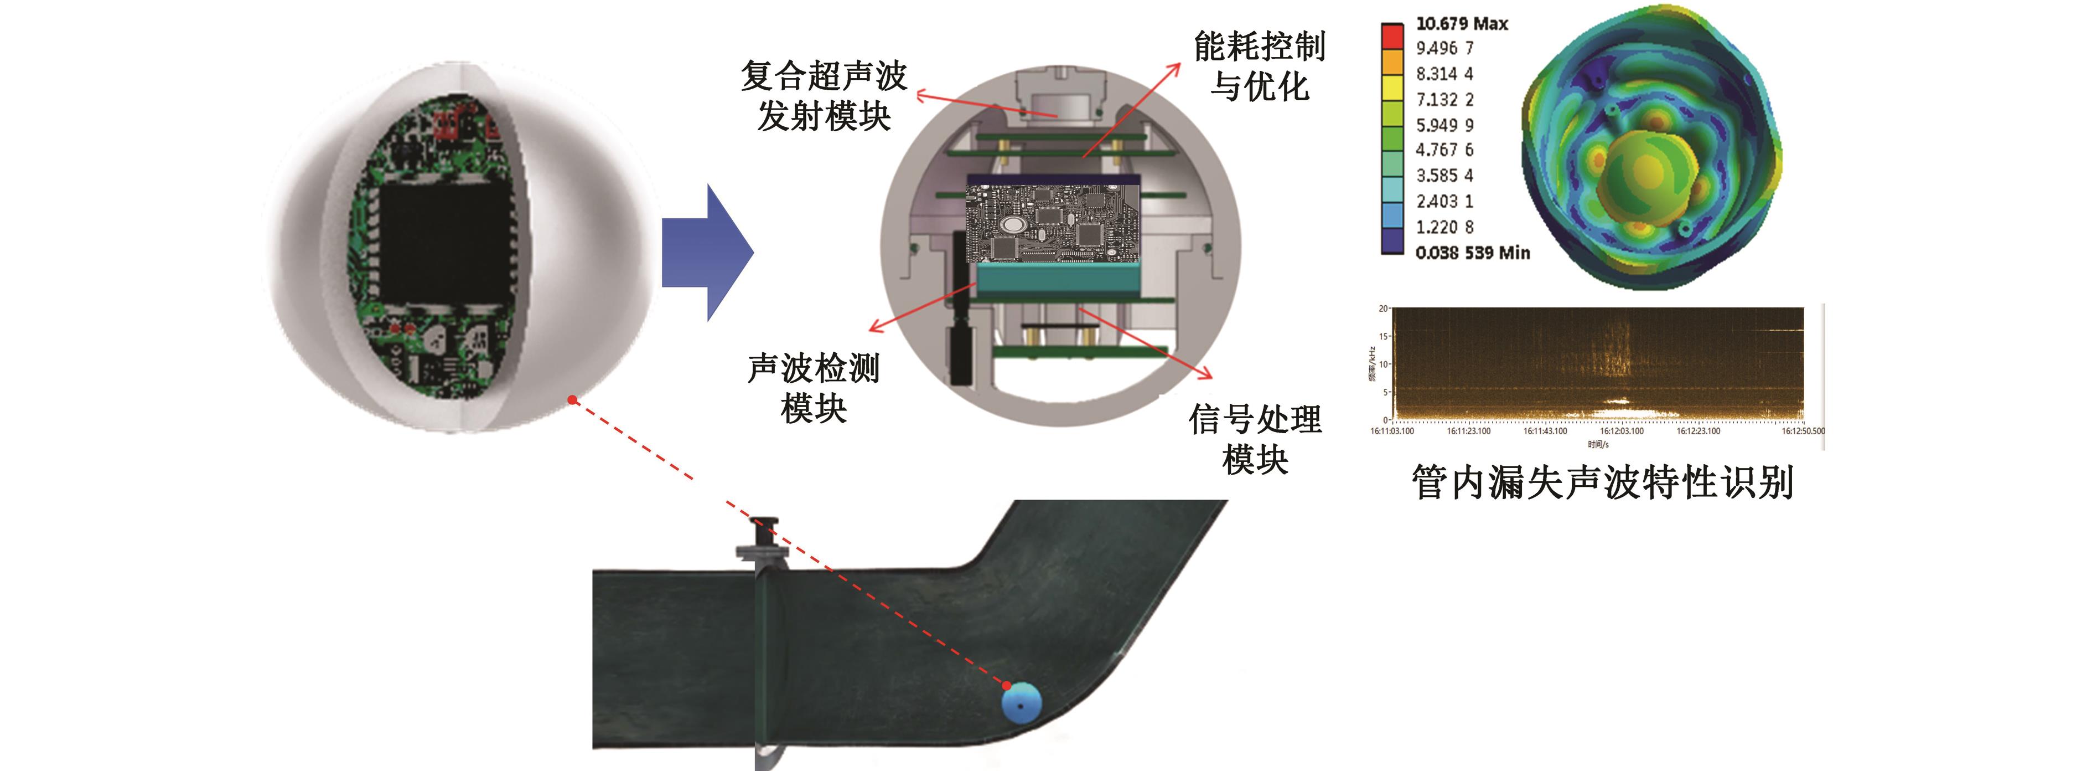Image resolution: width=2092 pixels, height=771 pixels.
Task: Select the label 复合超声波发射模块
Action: point(824,96)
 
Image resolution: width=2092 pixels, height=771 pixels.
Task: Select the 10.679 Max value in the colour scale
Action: point(1462,24)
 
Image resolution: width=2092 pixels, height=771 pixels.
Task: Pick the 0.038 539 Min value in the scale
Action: point(1472,253)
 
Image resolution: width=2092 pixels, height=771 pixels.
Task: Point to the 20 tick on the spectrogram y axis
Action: point(1383,309)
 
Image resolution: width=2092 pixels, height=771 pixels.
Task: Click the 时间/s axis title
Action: point(1598,444)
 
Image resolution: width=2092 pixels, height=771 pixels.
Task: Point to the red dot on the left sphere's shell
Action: point(573,400)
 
